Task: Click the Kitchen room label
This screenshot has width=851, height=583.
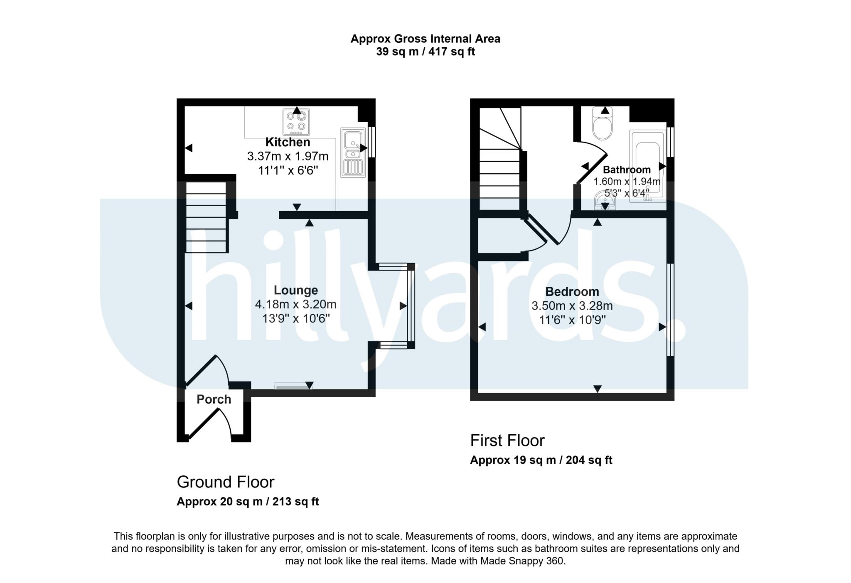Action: click(x=288, y=142)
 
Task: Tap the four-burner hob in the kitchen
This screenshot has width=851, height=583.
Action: click(x=296, y=122)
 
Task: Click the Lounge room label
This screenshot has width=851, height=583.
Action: click(x=295, y=290)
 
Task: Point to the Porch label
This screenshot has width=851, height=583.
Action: click(x=214, y=399)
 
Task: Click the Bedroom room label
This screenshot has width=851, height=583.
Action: click(x=572, y=291)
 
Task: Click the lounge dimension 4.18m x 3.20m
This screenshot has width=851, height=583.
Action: click(x=295, y=305)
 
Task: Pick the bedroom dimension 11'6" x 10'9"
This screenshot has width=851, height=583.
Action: click(x=572, y=320)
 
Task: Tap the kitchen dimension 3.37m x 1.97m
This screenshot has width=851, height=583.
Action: click(x=288, y=156)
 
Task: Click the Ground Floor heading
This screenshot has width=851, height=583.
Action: click(x=226, y=482)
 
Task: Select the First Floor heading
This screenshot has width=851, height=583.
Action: click(x=507, y=440)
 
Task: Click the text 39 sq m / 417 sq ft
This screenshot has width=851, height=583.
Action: click(x=425, y=52)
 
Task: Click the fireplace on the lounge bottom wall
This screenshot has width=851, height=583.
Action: click(x=293, y=387)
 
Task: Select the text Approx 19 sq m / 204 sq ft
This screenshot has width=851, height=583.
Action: click(x=541, y=460)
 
